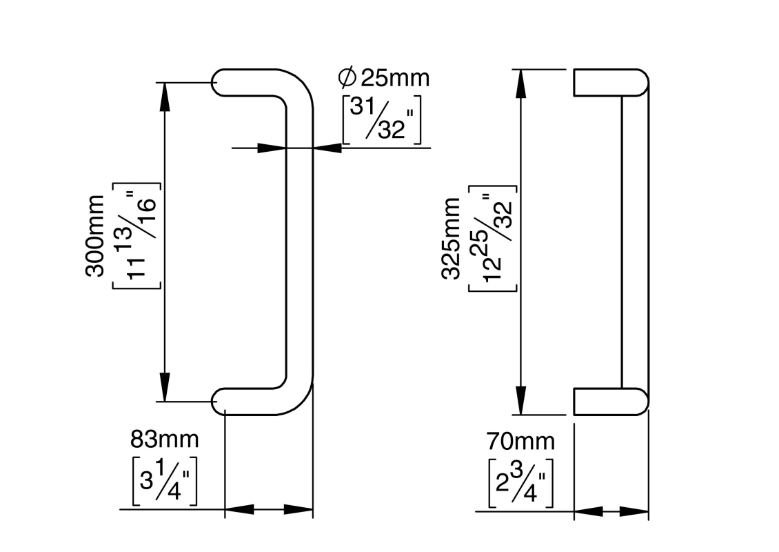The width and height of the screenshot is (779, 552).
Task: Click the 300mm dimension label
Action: tap(96, 235)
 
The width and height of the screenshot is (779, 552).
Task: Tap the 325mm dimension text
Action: tap(451, 238)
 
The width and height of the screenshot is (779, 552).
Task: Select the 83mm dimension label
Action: tap(165, 438)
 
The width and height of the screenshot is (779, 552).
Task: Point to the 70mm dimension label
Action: tap(520, 440)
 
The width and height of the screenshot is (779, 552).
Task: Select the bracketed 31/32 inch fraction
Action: tap(381, 119)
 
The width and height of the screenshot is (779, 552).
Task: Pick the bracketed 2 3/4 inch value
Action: tap(521, 482)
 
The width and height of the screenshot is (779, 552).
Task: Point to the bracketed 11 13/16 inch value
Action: tap(136, 235)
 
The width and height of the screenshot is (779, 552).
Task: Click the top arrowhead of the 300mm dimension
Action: tap(165, 96)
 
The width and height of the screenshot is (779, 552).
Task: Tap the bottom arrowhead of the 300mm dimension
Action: tap(165, 387)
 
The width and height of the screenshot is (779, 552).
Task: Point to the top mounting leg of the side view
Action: tap(610, 82)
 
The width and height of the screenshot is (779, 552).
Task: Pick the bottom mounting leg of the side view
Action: tap(610, 401)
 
